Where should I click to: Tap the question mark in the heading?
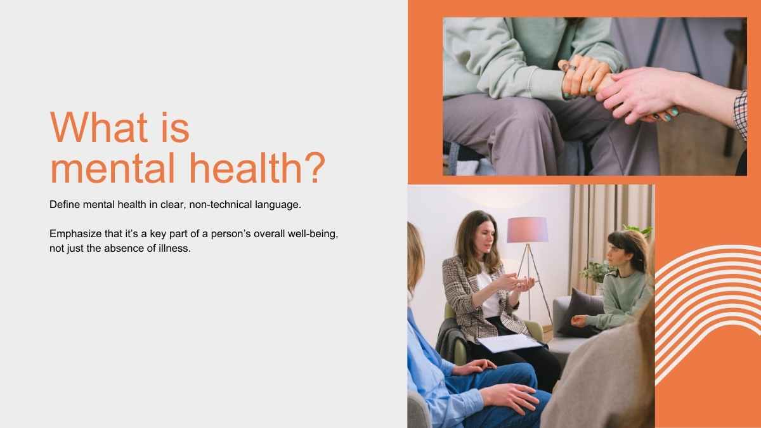tap(315, 168)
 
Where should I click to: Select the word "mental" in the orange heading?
tap(113, 168)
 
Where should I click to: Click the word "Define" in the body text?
tap(65, 204)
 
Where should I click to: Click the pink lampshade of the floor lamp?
tap(527, 230)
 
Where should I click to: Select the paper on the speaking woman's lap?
tap(510, 342)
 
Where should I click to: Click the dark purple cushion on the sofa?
tap(582, 313)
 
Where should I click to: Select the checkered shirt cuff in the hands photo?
tap(740, 115)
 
